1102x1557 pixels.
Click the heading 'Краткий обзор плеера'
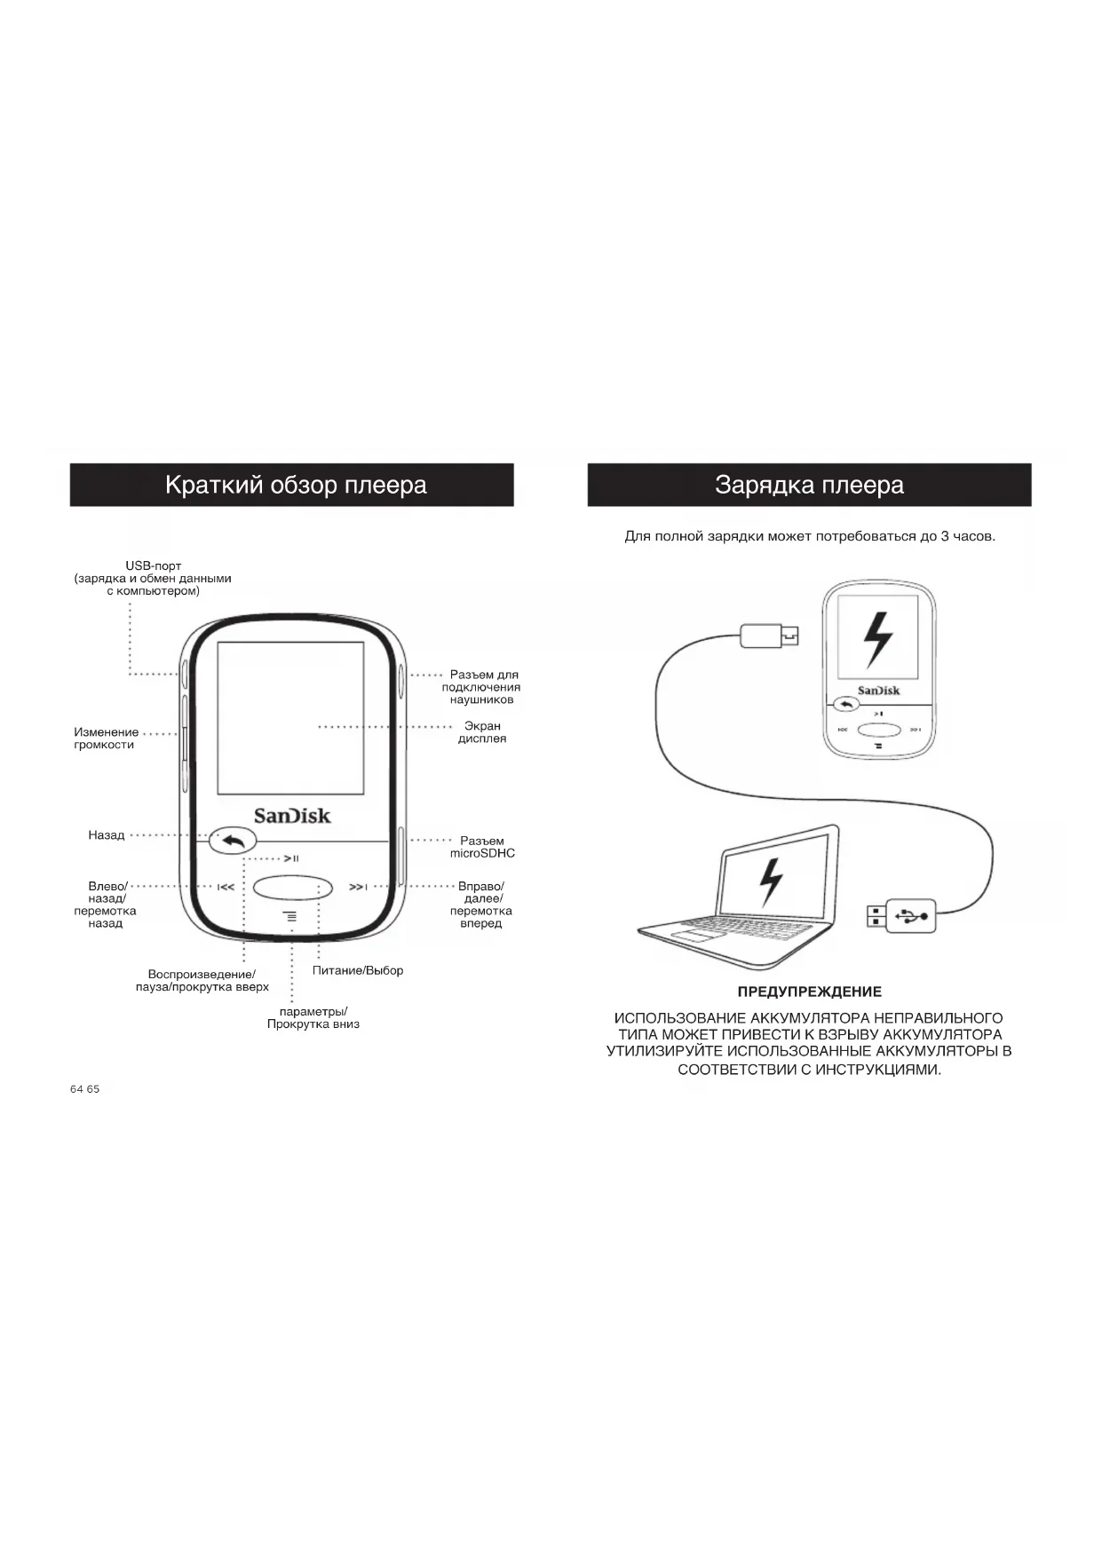pos(296,485)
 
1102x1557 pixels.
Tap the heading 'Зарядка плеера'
pos(809,485)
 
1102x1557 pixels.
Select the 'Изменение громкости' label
pos(106,739)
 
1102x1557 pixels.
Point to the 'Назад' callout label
pos(107,835)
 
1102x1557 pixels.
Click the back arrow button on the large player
pos(233,840)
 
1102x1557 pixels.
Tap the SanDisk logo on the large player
pos(292,816)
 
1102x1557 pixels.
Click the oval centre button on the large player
pos(292,887)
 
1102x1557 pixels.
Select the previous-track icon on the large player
pos(226,887)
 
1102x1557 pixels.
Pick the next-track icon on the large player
pos(358,887)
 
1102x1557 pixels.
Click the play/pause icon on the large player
pos(291,858)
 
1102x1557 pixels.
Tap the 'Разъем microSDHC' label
pos(482,847)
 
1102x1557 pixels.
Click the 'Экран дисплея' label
pos(482,732)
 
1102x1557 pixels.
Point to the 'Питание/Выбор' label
pos(358,970)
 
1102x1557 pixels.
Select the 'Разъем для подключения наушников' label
pos(481,687)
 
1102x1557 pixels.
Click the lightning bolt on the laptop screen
pos(770,882)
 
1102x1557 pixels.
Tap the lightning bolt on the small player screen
pos(878,639)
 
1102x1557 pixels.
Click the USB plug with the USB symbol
pos(910,914)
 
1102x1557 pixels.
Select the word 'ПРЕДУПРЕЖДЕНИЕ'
pos(809,992)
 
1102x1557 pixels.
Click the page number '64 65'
pos(85,1089)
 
